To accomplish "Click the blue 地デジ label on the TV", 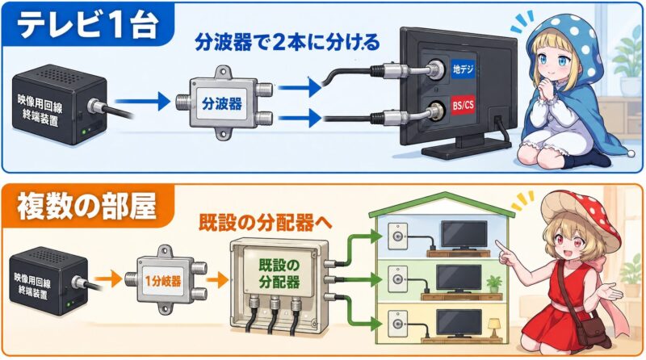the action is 463,69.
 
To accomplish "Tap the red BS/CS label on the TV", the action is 463,106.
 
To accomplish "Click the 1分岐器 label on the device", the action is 163,282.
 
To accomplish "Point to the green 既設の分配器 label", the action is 279,274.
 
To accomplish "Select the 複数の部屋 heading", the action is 86,207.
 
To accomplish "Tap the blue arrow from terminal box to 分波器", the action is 142,102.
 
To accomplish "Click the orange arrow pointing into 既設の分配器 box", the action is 217,281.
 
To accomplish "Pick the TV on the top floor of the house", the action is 464,236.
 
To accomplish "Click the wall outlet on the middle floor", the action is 397,279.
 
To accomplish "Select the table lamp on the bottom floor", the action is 493,329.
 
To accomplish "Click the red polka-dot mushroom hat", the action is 581,217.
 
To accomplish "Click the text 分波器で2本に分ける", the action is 287,43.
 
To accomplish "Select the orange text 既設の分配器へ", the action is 265,223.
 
